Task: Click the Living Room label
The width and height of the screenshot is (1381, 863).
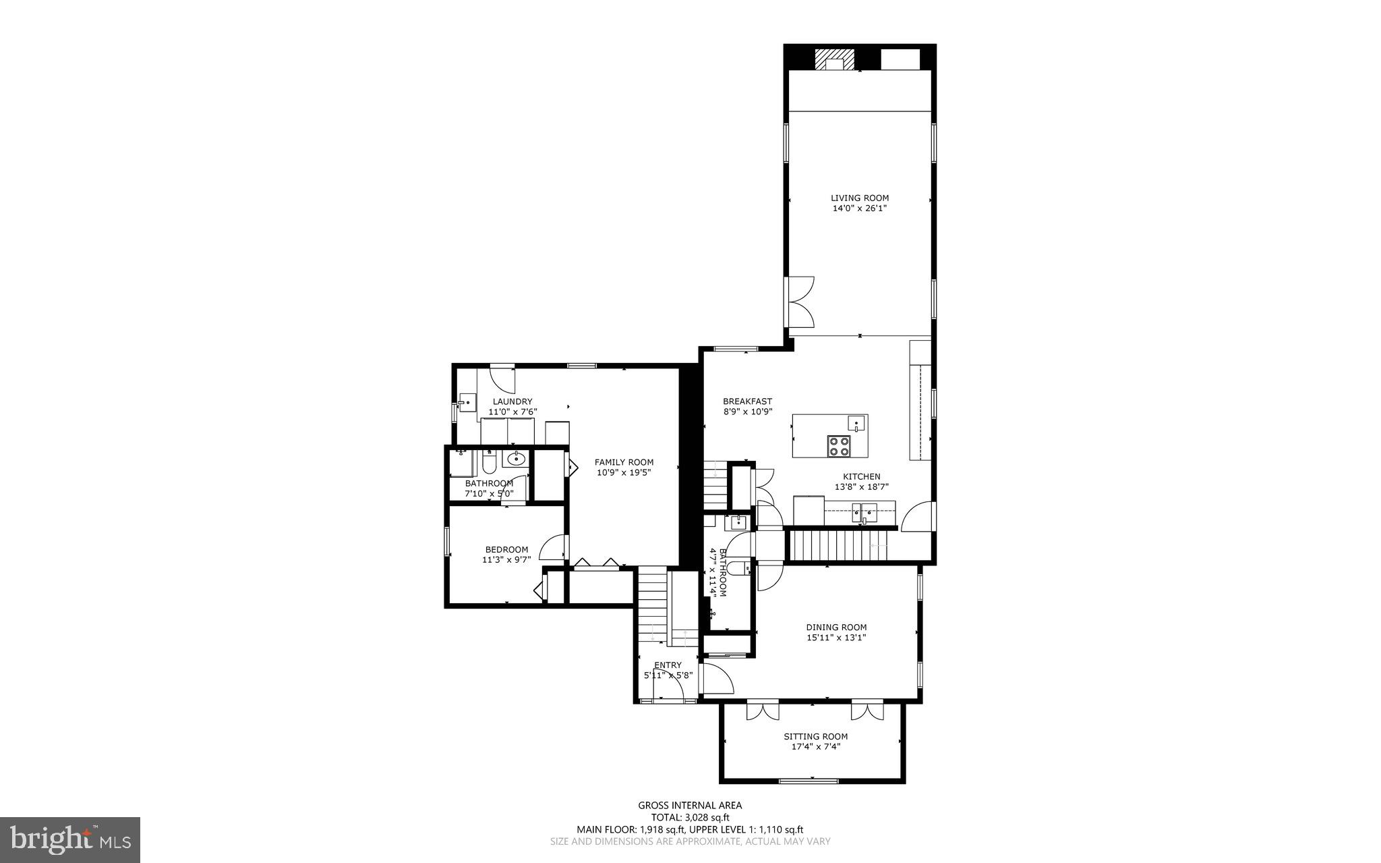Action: coord(859,198)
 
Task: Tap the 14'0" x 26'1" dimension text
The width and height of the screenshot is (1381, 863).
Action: coord(859,208)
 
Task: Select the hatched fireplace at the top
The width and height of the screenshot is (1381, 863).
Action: coord(834,59)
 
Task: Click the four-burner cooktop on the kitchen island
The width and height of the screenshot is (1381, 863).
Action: coord(840,446)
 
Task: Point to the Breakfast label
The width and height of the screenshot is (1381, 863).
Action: coord(747,401)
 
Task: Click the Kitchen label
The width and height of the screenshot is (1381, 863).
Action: coord(861,476)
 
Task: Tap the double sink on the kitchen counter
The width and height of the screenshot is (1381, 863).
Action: coord(864,513)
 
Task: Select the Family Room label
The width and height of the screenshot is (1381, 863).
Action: coord(624,462)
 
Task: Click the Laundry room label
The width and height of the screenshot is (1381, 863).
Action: coord(512,401)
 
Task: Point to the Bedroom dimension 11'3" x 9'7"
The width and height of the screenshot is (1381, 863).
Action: coord(506,559)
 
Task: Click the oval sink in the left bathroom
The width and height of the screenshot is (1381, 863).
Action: coord(516,459)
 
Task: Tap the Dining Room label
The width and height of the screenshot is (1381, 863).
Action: coord(836,627)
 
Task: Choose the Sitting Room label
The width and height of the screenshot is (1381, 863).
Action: coord(815,736)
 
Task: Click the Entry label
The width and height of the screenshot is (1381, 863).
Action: coord(668,665)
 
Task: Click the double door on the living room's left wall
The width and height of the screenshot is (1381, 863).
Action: coord(802,306)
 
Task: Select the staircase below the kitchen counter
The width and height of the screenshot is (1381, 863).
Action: coord(840,545)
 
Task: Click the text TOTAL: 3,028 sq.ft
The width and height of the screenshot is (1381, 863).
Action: coord(690,817)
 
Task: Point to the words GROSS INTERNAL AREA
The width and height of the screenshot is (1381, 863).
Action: coord(690,805)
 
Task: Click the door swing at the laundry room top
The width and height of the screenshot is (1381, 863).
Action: coord(502,378)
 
